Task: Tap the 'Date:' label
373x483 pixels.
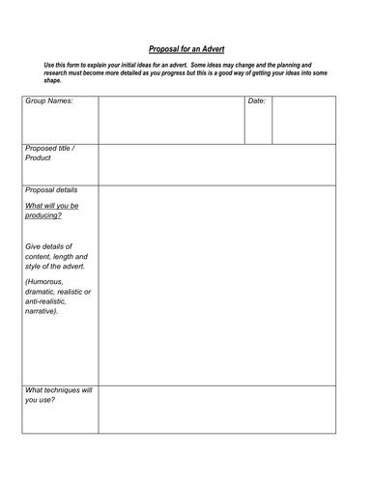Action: coord(256,100)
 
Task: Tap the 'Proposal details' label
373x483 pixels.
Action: coord(51,190)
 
